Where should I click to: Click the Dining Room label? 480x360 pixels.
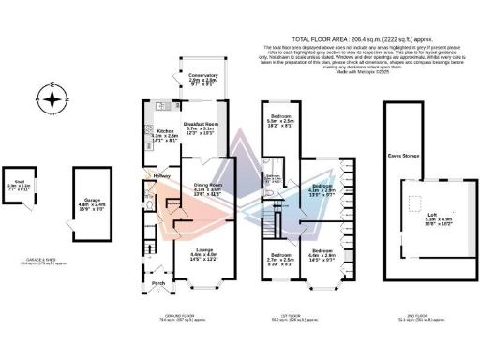point(207,190)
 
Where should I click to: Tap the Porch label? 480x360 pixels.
point(158,282)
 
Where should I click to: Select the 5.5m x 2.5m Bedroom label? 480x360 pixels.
point(280,117)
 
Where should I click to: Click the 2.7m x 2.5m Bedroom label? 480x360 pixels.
point(282,257)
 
